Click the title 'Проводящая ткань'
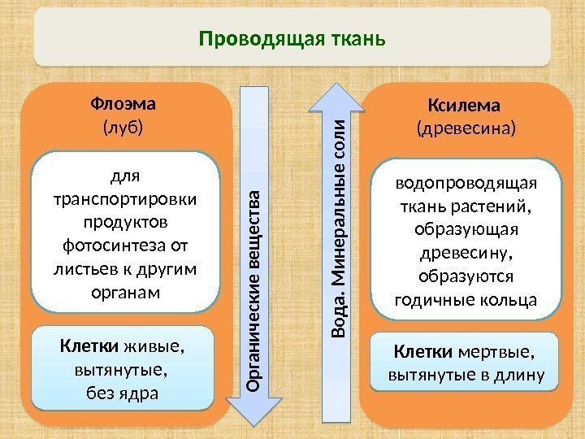(292, 38)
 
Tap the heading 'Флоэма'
(124, 105)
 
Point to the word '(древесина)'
(465, 128)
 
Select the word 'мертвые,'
(496, 353)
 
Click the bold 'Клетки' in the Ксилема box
(423, 353)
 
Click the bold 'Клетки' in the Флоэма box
(90, 348)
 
